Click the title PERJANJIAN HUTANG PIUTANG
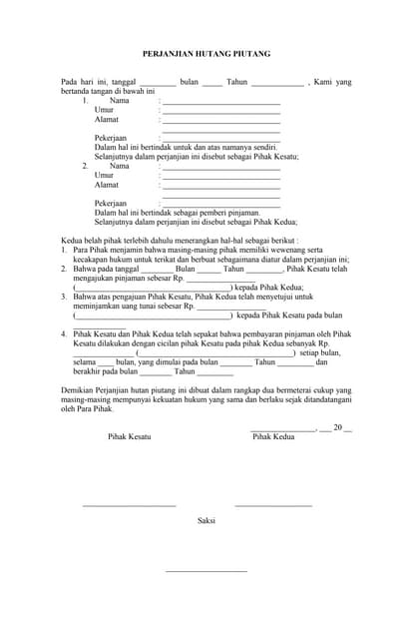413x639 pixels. pos(206,54)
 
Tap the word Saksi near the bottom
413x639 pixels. pos(206,520)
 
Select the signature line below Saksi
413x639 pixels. pos(206,570)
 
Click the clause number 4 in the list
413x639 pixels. pos(64,333)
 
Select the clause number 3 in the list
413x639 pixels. pos(64,297)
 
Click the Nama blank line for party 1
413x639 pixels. pos(220,103)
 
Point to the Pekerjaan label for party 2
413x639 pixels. pos(111,203)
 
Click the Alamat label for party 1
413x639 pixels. pos(106,120)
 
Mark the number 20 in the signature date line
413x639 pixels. pos(337,427)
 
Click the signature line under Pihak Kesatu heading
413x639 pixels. pos(129,505)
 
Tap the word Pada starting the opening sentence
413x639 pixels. pos(70,81)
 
